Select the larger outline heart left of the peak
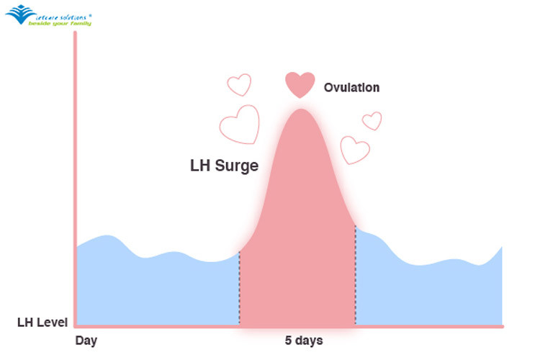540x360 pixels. coord(239,124)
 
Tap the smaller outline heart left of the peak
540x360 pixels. coord(239,85)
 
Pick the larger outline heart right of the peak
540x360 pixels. coord(354,149)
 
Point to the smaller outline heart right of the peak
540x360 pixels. coord(372,120)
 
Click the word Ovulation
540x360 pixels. coord(351,88)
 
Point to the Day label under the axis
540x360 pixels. coord(86,340)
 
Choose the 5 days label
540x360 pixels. coord(298,340)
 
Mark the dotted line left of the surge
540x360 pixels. coord(239,288)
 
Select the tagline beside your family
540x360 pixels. coord(60,23)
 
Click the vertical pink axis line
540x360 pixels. coord(74,180)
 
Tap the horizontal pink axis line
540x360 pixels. coord(288,326)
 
